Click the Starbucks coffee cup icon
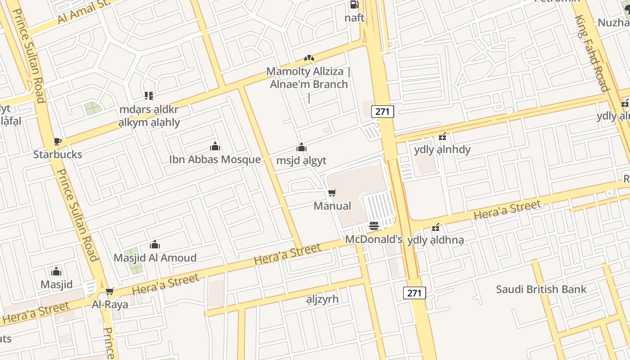[x=57, y=142]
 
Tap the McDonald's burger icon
[x=374, y=225]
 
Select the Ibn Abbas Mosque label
[x=215, y=159]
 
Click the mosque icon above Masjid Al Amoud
[x=155, y=244]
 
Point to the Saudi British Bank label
[x=541, y=289]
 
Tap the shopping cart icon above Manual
[x=332, y=193]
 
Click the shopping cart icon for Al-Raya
[x=110, y=292]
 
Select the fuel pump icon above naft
[x=354, y=5]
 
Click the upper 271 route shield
[x=382, y=112]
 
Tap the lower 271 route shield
[x=414, y=293]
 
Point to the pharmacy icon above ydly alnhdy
[x=442, y=136]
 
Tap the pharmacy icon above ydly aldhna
[x=435, y=228]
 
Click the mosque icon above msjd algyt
[x=301, y=147]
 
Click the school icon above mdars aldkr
[x=149, y=95]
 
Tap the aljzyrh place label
[x=322, y=299]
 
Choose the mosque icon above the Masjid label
[x=56, y=271]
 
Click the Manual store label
[x=332, y=206]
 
